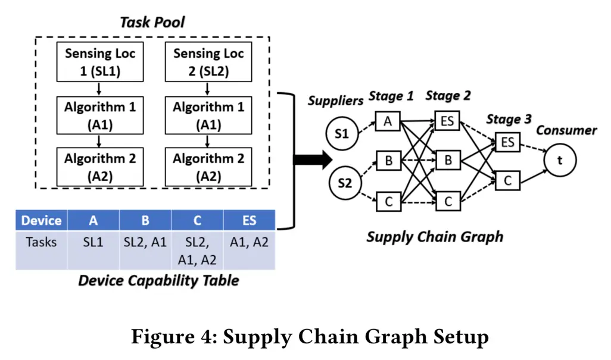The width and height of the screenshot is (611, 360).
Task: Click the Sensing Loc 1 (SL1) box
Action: pyautogui.click(x=100, y=61)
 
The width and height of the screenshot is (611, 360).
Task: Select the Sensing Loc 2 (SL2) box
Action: pyautogui.click(x=208, y=61)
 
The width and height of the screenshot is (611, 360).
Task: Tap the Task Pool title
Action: pyautogui.click(x=152, y=23)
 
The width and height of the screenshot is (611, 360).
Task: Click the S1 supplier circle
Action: pyautogui.click(x=342, y=133)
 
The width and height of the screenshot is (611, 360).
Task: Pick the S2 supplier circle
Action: pyautogui.click(x=345, y=183)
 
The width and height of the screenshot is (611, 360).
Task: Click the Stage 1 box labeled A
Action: pyautogui.click(x=388, y=122)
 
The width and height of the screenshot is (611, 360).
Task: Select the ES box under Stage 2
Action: pyautogui.click(x=447, y=122)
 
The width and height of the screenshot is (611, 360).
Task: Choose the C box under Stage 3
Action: pyautogui.click(x=507, y=180)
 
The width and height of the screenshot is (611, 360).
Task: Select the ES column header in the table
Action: pyautogui.click(x=250, y=221)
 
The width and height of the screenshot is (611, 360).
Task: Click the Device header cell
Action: pyautogui.click(x=42, y=221)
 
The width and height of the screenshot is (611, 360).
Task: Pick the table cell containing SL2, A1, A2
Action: pyautogui.click(x=197, y=251)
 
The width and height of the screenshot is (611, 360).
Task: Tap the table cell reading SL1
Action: pyautogui.click(x=93, y=242)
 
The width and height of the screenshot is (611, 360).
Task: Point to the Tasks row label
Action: pyautogui.click(x=42, y=242)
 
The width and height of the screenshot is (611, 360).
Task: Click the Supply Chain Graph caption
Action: pyautogui.click(x=435, y=237)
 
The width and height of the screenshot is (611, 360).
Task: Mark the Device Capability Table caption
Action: pyautogui.click(x=158, y=280)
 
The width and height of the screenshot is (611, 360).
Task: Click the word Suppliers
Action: pyautogui.click(x=335, y=101)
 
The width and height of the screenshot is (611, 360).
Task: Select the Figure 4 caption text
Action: pyautogui.click(x=310, y=337)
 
